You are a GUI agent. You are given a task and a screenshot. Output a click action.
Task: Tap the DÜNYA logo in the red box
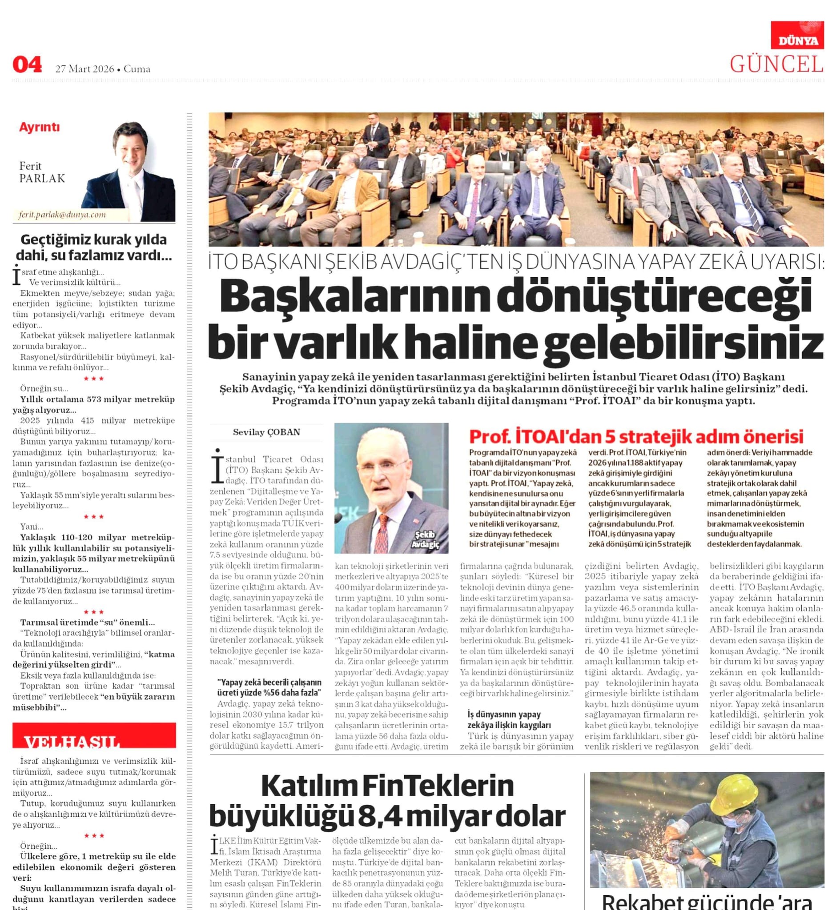798,41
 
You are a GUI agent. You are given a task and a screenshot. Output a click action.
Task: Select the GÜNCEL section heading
776,64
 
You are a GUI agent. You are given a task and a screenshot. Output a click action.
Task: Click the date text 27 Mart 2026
84,69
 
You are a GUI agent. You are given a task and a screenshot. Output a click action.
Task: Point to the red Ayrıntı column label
40,128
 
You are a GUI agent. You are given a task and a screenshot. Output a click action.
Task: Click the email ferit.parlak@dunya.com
62,215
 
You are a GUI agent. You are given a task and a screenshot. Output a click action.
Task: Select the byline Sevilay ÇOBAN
266,432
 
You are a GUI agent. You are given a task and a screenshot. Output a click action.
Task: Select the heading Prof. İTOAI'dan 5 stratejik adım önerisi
636,437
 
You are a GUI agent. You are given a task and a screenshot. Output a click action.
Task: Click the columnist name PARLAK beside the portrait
42,179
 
